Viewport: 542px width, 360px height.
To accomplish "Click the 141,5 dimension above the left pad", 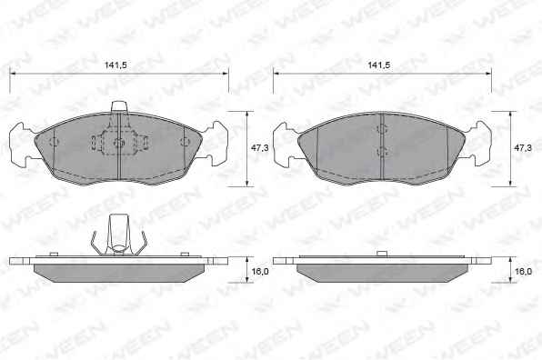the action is point(116,65).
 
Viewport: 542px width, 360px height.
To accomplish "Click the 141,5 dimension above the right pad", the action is point(379,65).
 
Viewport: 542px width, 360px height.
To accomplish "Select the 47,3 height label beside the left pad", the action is point(259,148).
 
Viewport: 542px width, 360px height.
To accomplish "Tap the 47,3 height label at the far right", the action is point(523,148).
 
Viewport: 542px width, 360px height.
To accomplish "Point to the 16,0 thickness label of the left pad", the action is point(260,271).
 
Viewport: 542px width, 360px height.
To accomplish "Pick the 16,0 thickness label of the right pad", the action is point(523,271).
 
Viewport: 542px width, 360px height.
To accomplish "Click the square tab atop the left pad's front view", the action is point(119,106).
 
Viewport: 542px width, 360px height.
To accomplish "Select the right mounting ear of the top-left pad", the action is point(216,144).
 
